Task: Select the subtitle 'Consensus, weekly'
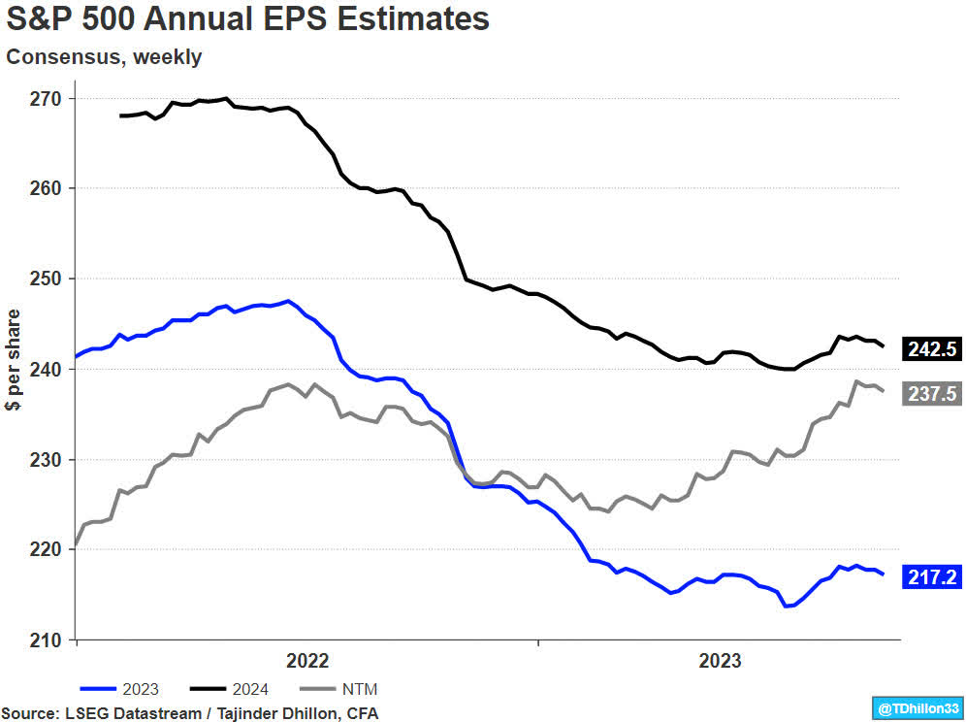point(104,57)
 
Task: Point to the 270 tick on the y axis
point(47,98)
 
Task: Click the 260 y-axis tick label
point(47,188)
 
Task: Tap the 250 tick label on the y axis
point(47,279)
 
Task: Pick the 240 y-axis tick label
point(47,369)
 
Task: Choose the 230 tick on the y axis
point(47,459)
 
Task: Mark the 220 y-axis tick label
point(47,549)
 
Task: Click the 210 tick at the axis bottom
point(47,640)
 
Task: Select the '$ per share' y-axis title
point(15,360)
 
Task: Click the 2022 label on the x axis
point(307,661)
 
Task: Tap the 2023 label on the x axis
point(720,661)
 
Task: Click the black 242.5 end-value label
point(932,349)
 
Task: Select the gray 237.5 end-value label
point(932,393)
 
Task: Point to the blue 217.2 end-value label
point(932,577)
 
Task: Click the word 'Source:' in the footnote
point(32,713)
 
